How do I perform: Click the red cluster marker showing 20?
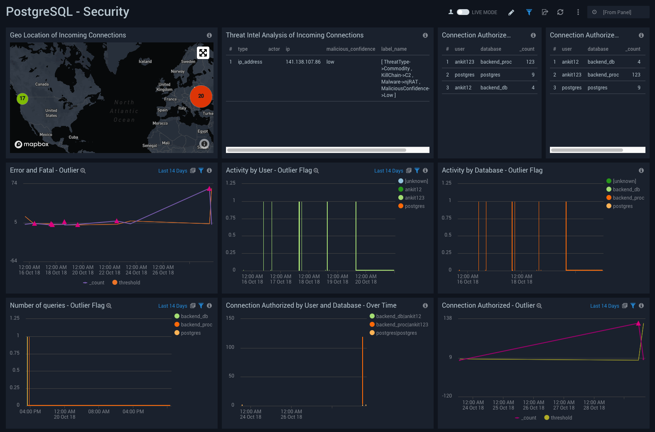click(x=201, y=96)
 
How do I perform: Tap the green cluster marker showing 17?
click(x=22, y=99)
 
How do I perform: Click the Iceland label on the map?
click(x=145, y=62)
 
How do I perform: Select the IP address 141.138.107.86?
click(x=303, y=62)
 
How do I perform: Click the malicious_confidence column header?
click(x=351, y=49)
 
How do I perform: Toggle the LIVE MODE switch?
click(x=463, y=12)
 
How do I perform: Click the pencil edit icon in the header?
click(x=511, y=12)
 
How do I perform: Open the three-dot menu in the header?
click(x=578, y=12)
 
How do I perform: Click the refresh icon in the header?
click(x=560, y=12)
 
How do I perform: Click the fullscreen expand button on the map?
click(x=203, y=53)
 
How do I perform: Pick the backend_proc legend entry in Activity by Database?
click(x=628, y=198)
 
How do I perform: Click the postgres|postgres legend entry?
click(x=396, y=333)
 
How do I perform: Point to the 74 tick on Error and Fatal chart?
click(x=14, y=183)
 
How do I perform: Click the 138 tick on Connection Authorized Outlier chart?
click(x=447, y=318)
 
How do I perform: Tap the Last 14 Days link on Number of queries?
click(x=172, y=306)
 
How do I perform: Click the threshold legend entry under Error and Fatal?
click(x=129, y=283)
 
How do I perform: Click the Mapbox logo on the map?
click(x=32, y=144)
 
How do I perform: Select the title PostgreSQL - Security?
click(x=68, y=12)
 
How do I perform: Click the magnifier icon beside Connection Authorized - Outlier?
click(x=539, y=306)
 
